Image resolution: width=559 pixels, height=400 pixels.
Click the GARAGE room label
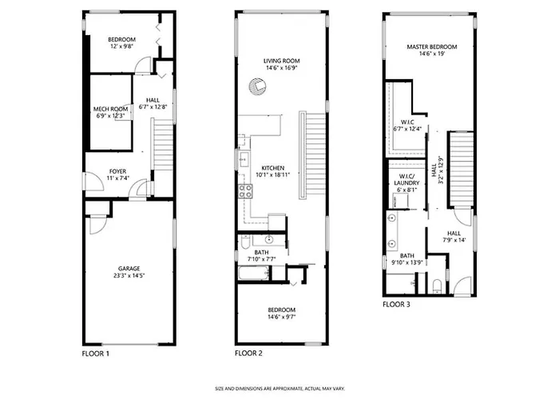point(129,269)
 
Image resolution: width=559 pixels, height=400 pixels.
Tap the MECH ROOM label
point(110,109)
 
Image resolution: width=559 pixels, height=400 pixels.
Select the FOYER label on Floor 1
point(117,171)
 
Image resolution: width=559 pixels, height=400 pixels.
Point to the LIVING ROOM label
point(282,61)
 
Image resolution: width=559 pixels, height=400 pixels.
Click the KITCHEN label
point(273,168)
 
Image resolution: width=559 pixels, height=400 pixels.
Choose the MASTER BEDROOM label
point(432,46)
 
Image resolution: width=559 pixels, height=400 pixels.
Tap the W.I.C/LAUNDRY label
point(406,180)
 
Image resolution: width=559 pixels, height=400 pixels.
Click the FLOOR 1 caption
point(96,354)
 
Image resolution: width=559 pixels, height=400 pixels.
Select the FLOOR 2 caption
point(248,354)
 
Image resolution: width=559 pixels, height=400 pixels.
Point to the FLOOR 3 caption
point(396,305)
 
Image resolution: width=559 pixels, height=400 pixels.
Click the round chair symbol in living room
point(257,86)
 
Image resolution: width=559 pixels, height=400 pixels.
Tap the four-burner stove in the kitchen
point(246,191)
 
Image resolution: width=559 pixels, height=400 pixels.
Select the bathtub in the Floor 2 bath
point(254,274)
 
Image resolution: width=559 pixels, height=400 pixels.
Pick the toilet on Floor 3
point(437,286)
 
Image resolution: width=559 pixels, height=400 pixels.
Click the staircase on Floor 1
point(163,145)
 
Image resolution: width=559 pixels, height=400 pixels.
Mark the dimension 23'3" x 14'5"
point(129,276)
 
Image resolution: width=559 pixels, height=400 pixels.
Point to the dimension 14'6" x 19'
point(433,54)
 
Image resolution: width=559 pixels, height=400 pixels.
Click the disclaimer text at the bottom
point(279,389)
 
